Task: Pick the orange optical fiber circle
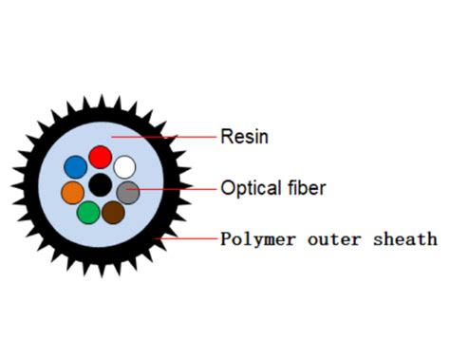73,193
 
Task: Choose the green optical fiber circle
88,212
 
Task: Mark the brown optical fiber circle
114,212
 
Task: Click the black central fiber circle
101,185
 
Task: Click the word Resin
244,137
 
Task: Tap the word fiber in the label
302,187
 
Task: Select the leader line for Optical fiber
176,189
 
